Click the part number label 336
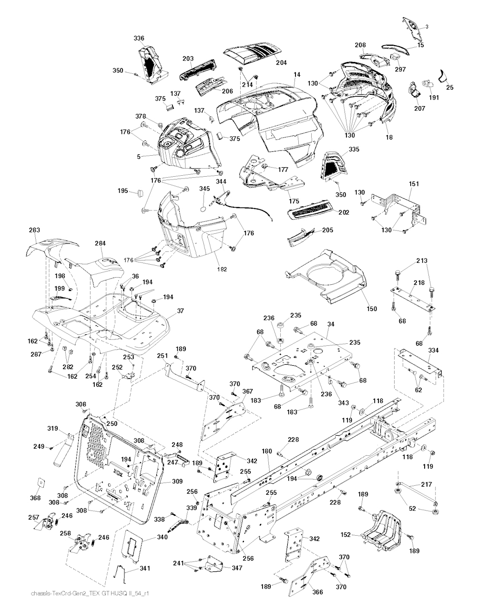point(139,38)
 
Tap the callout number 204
point(281,62)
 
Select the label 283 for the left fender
point(34,230)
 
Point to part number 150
point(372,309)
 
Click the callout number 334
point(433,351)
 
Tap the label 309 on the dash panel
point(177,481)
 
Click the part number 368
point(35,498)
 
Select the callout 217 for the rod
point(426,485)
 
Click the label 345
point(204,189)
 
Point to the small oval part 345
point(203,208)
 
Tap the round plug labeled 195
point(141,192)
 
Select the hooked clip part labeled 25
point(443,76)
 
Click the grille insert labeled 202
point(308,209)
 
